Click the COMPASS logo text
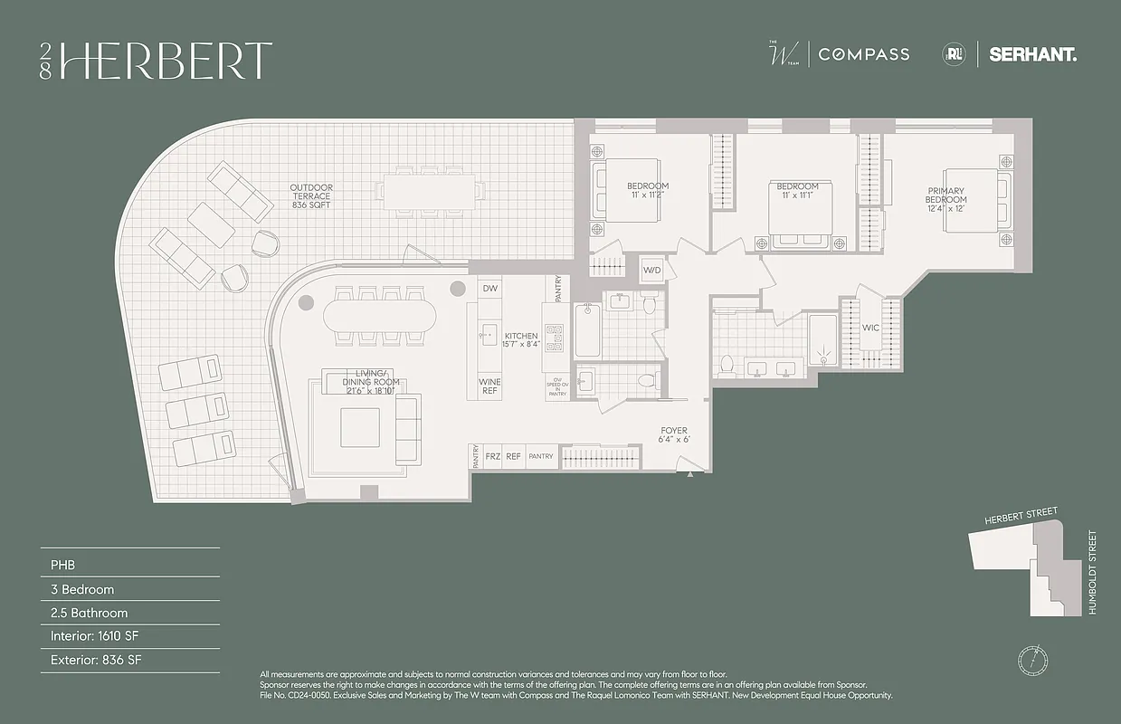tap(863, 54)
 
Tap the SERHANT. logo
tap(1032, 54)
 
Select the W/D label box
tap(652, 270)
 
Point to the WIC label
tap(870, 328)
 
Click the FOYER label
tap(673, 435)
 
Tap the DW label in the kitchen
tap(489, 289)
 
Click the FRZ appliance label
tap(492, 457)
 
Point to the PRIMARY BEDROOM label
tap(946, 199)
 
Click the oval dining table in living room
tap(380, 316)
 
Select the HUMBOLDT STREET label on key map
tap(1092, 572)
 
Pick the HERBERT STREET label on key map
tap(1021, 518)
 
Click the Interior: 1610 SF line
tap(96, 636)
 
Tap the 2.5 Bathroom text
tap(89, 613)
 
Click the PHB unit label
tap(62, 565)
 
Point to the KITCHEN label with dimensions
tap(522, 339)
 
